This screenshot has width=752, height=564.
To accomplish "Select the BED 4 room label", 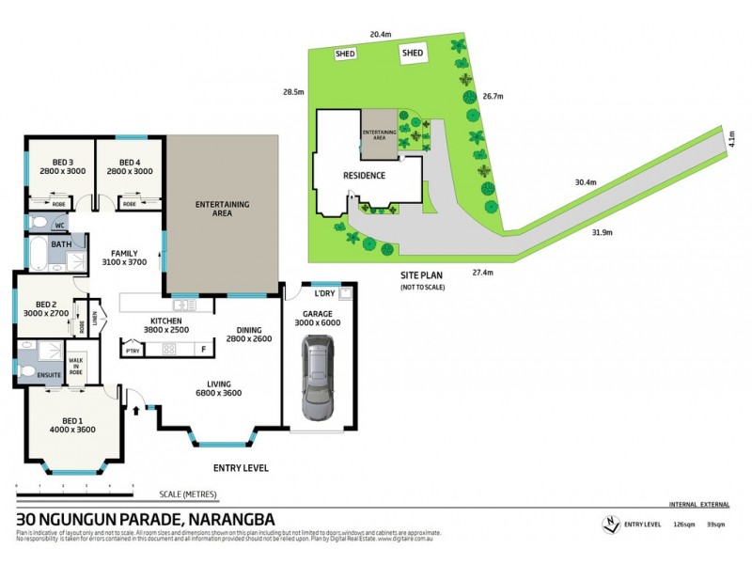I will pos(129,166).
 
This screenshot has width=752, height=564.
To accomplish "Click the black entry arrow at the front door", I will pos(138,410).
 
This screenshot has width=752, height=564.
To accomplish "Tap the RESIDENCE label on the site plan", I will pos(363,176).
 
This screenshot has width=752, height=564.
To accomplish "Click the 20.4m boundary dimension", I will pos(381,35).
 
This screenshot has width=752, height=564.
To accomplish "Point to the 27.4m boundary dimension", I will pos(481,272).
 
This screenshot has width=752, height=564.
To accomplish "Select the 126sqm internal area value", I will pos(682,524).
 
